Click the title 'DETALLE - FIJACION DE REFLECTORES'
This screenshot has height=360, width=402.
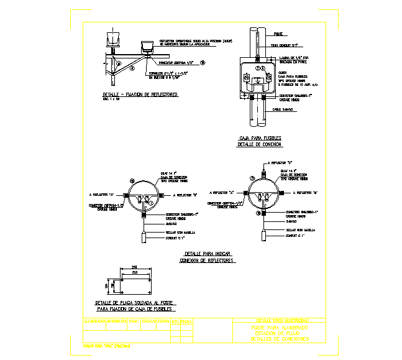click(x=140, y=95)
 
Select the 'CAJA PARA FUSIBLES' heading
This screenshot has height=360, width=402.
click(x=260, y=137)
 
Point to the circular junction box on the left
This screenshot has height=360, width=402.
click(x=144, y=194)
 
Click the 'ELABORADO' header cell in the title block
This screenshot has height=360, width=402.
click(x=94, y=321)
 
